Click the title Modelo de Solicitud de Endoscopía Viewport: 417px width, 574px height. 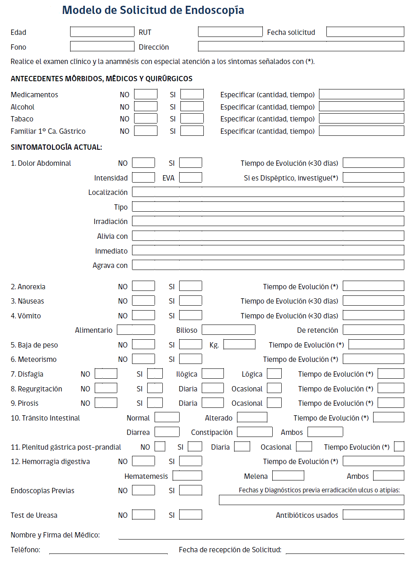click(x=153, y=10)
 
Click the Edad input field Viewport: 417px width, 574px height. click(x=102, y=32)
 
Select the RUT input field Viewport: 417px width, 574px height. click(x=230, y=32)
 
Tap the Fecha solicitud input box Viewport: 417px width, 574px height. click(x=365, y=32)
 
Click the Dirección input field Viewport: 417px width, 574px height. click(x=301, y=46)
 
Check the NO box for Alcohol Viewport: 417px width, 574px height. click(x=146, y=107)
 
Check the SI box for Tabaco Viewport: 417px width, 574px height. click(x=192, y=119)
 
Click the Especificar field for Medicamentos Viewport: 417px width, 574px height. click(x=361, y=94)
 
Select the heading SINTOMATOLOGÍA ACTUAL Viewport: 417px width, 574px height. click(x=57, y=147)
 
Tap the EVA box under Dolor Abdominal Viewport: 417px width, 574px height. click(x=191, y=178)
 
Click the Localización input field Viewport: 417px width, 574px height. click(x=268, y=192)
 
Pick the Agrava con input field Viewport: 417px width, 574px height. click(x=268, y=265)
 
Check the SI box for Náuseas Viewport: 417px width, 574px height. click(x=191, y=301)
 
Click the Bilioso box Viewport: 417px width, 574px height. click(x=228, y=330)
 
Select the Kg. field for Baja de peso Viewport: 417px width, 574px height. click(x=239, y=345)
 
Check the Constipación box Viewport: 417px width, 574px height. click(x=255, y=432)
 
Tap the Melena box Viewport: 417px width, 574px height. click(x=288, y=476)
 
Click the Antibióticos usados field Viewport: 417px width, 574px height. click(x=373, y=515)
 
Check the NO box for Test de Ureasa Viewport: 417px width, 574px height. click(x=144, y=515)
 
